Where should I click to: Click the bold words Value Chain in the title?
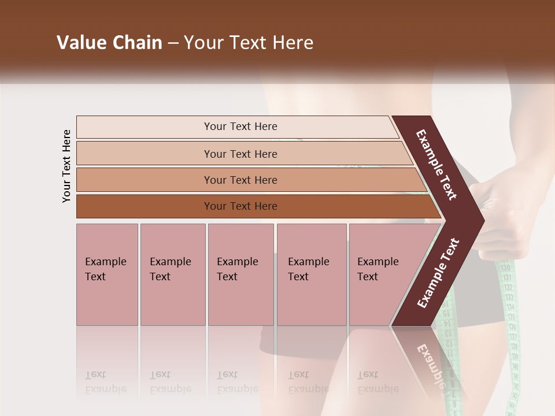tap(109, 43)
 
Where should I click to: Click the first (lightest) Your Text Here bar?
tap(240, 127)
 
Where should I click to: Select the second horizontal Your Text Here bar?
tap(240, 154)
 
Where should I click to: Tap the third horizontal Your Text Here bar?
tap(240, 180)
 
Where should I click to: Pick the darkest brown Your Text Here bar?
tap(240, 206)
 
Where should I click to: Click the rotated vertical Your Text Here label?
tap(67, 166)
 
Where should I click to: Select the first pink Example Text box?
tap(107, 274)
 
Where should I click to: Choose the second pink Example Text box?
tap(172, 274)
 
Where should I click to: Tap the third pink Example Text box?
tap(240, 274)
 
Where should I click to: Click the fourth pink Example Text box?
tap(311, 274)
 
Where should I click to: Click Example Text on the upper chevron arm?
tap(437, 165)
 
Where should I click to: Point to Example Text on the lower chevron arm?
tap(438, 273)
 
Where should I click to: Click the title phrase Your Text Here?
tap(249, 43)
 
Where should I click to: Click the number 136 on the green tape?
tap(512, 328)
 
